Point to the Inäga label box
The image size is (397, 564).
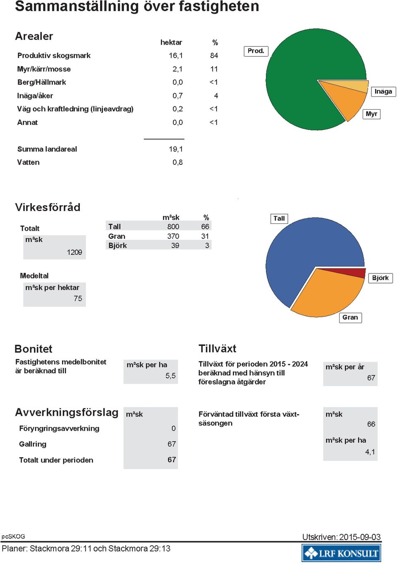(x=383, y=91)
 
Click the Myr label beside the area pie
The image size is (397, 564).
(x=371, y=114)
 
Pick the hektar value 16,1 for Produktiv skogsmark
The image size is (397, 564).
(x=176, y=55)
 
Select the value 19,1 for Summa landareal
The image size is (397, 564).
(x=176, y=149)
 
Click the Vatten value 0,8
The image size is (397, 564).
(x=178, y=162)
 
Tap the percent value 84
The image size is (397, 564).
(x=214, y=55)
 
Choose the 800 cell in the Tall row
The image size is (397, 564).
(x=173, y=227)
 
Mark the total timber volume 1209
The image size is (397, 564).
(x=74, y=252)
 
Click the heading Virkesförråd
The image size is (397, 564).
(x=48, y=207)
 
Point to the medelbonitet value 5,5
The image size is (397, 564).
(x=170, y=376)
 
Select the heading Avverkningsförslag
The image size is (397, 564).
(x=67, y=413)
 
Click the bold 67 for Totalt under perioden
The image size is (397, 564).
(x=172, y=459)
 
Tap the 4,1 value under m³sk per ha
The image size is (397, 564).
(x=370, y=452)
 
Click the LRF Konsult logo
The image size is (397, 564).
(x=342, y=553)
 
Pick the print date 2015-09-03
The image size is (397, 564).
(x=360, y=537)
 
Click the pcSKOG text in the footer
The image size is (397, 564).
(x=13, y=536)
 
